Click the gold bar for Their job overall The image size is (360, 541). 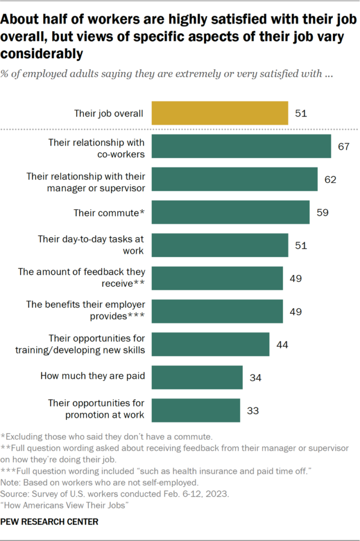[220, 113]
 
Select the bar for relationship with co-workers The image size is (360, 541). [241, 146]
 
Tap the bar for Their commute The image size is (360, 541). [230, 212]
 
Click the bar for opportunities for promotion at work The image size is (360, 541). [196, 410]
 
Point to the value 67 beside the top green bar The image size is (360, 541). [344, 146]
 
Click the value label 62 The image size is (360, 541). [330, 180]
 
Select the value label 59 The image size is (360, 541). [322, 212]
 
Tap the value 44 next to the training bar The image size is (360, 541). [282, 344]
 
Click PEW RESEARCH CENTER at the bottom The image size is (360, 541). [49, 522]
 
